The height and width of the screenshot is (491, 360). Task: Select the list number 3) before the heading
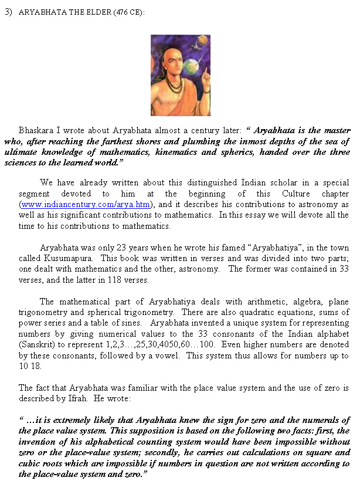[x=9, y=12]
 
